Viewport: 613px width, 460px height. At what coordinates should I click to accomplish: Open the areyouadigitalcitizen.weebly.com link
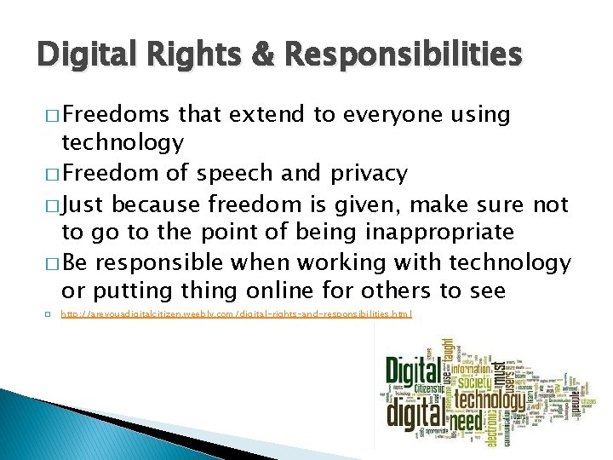tap(237, 314)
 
